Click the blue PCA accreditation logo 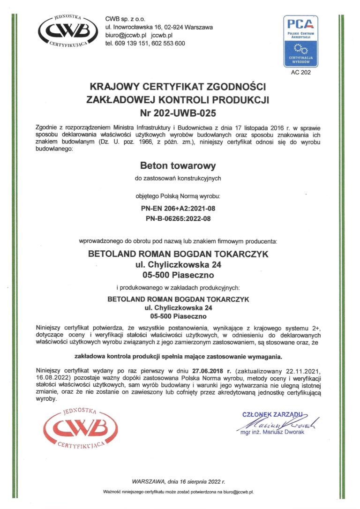tap(300, 41)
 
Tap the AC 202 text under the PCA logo tap(300, 72)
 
